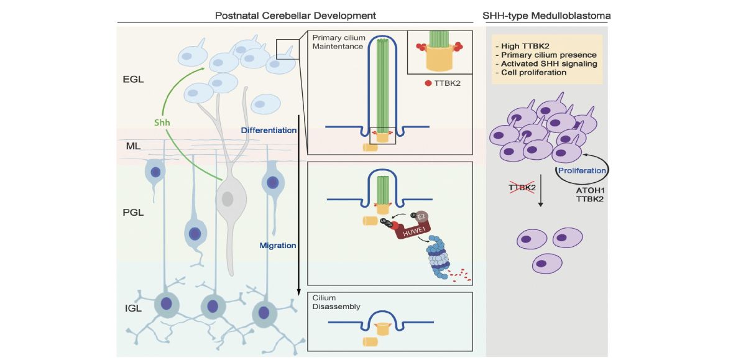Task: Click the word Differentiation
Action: [268, 131]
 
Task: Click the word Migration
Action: [277, 246]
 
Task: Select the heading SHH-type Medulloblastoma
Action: [547, 14]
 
